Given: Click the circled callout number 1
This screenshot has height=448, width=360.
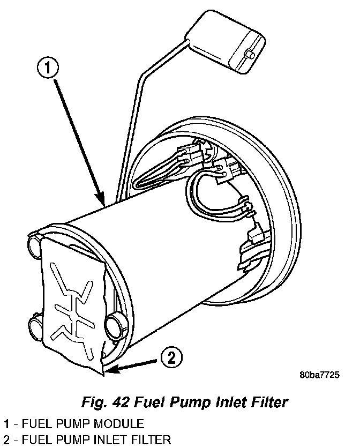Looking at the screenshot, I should (47, 68).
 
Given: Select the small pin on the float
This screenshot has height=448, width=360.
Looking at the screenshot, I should (250, 55).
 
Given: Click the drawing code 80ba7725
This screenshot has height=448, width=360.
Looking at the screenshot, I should (318, 375).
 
